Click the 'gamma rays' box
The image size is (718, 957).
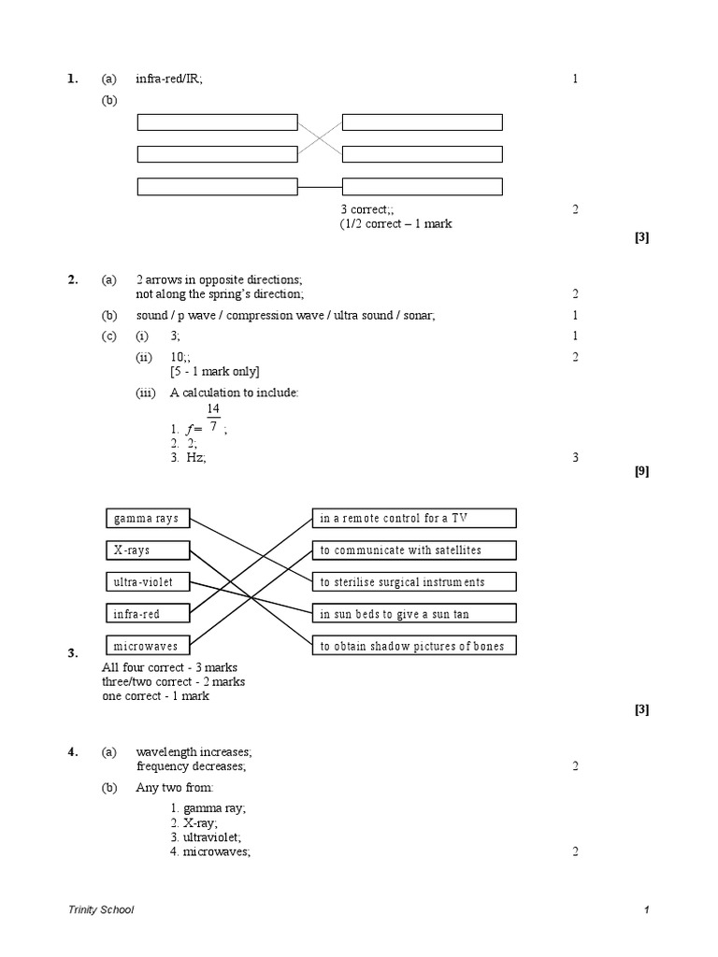pos(147,519)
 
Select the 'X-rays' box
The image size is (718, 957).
pos(147,550)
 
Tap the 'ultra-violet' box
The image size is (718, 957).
pos(147,582)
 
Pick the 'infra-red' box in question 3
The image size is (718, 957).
pos(147,614)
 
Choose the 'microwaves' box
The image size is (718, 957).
pos(147,646)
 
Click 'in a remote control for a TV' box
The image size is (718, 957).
pos(413,519)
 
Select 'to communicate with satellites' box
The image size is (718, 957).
pos(413,550)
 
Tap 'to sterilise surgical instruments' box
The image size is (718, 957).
pos(413,582)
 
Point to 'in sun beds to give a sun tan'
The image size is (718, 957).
pos(413,614)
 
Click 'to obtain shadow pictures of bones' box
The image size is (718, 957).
pos(413,646)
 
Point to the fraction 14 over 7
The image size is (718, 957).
pos(213,419)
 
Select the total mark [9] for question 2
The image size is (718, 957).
pos(641,472)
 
